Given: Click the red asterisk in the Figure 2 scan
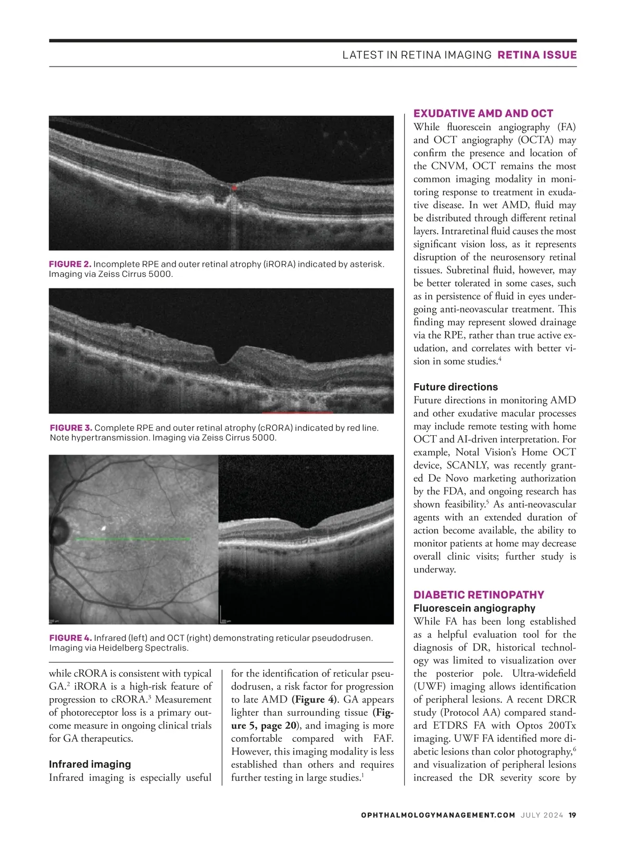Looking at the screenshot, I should click(x=234, y=188).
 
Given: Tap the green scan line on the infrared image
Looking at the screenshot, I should click(x=133, y=539).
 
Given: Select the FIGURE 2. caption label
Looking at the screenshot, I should click(x=70, y=264).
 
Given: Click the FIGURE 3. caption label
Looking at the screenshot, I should click(x=71, y=428).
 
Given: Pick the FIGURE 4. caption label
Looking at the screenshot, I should click(x=71, y=638).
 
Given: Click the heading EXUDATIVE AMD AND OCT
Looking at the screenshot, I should click(x=483, y=113).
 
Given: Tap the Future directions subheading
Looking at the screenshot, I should click(x=455, y=387).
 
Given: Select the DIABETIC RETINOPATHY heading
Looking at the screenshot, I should click(x=479, y=595).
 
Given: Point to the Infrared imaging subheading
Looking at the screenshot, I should click(x=90, y=764).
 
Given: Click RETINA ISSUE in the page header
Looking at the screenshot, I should click(x=537, y=55).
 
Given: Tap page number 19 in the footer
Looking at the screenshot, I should click(x=572, y=815).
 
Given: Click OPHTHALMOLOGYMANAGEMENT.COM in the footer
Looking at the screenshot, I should click(x=438, y=815).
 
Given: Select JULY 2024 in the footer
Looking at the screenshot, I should click(x=542, y=815).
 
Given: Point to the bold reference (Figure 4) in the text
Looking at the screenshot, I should click(x=314, y=700).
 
